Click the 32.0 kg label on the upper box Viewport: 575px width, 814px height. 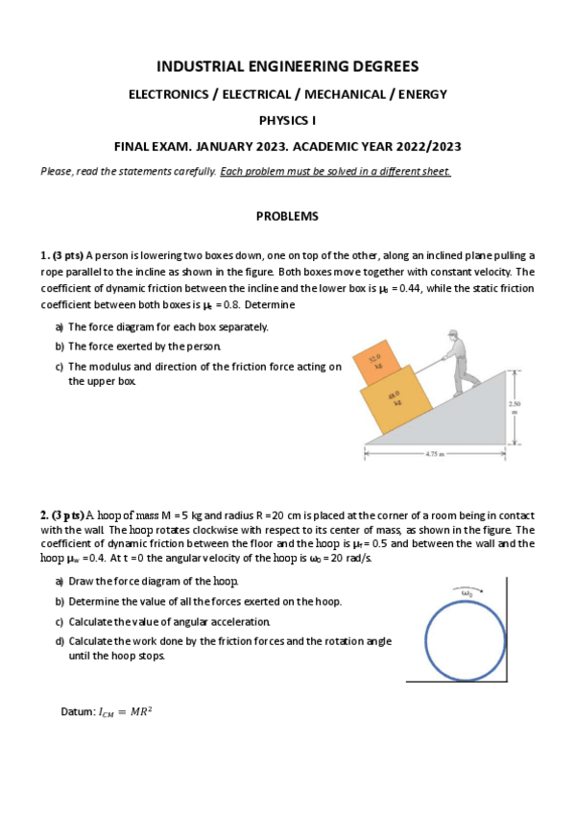(x=378, y=363)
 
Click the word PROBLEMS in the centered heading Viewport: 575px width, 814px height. (x=287, y=217)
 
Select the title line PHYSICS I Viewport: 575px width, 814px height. (x=287, y=121)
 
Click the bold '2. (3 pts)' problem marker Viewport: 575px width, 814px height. (x=62, y=515)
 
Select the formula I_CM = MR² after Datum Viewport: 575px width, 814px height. (x=125, y=711)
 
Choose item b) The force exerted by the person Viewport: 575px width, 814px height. (x=144, y=347)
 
